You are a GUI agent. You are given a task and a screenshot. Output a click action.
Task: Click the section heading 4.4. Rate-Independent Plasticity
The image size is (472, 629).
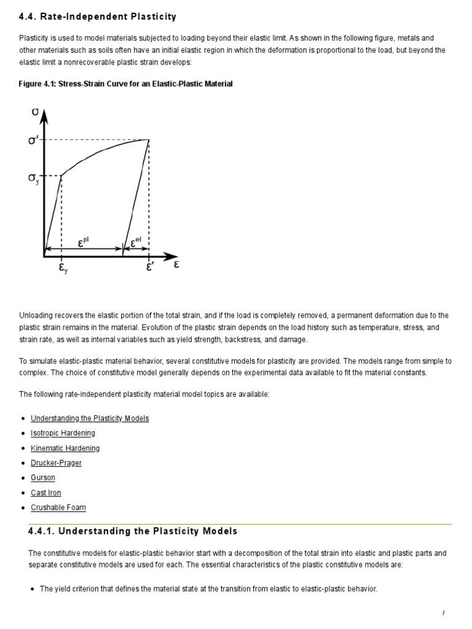click(x=98, y=17)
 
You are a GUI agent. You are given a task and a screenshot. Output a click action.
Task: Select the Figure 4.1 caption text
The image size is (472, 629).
click(x=126, y=84)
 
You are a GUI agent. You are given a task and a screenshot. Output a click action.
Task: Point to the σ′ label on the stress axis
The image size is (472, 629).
click(x=34, y=141)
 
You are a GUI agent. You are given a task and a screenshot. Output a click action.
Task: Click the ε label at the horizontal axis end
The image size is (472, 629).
click(x=176, y=265)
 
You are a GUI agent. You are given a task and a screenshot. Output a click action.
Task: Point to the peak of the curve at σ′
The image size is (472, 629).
click(x=148, y=139)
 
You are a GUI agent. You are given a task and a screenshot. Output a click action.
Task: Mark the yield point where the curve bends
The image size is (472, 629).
click(x=61, y=176)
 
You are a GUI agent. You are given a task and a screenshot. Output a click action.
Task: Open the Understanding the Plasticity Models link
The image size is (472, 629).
click(x=90, y=418)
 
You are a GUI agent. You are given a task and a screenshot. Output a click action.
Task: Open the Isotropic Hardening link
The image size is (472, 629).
click(x=63, y=433)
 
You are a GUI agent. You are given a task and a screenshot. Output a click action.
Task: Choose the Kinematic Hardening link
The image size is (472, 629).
click(x=65, y=448)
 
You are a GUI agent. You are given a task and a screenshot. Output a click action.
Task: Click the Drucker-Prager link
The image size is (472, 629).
click(x=56, y=463)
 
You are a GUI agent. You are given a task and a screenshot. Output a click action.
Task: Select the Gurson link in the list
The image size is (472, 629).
click(x=43, y=478)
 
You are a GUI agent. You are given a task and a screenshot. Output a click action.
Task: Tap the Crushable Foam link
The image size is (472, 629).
click(x=58, y=508)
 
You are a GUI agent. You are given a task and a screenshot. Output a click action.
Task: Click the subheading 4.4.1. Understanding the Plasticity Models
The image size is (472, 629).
click(x=133, y=531)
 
